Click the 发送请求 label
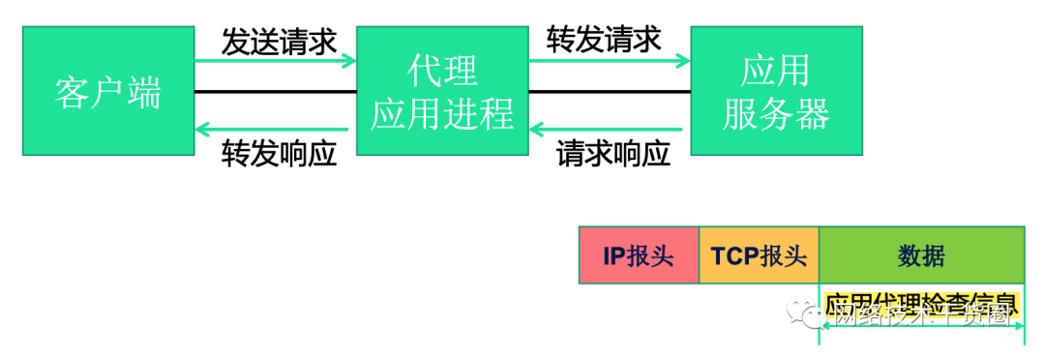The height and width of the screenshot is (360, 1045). pyautogui.click(x=279, y=42)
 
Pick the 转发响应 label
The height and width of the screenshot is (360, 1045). pyautogui.click(x=280, y=153)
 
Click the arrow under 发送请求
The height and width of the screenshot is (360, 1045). pyautogui.click(x=275, y=63)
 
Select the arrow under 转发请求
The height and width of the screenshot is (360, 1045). pyautogui.click(x=609, y=63)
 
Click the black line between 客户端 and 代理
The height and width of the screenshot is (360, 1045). pyautogui.click(x=275, y=92)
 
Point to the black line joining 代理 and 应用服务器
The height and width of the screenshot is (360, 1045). pyautogui.click(x=609, y=92)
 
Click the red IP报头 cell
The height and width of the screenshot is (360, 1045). pyautogui.click(x=639, y=255)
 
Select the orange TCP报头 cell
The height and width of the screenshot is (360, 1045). pyautogui.click(x=759, y=255)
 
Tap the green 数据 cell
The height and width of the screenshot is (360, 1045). pyautogui.click(x=921, y=255)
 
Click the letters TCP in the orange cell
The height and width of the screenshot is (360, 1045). pyautogui.click(x=735, y=255)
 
